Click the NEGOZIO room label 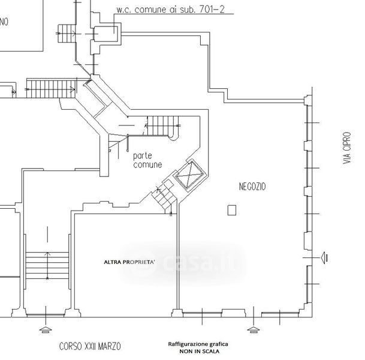(252, 187)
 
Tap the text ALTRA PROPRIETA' (129, 262)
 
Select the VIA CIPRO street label (346, 148)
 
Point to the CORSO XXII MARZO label (90, 346)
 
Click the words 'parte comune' (147, 160)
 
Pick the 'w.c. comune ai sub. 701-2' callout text (170, 10)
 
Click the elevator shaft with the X (191, 174)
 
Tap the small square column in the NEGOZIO (231, 210)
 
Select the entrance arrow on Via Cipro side (324, 258)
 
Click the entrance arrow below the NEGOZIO (254, 329)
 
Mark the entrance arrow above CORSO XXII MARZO (46, 329)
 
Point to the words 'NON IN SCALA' (199, 351)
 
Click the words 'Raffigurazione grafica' (198, 344)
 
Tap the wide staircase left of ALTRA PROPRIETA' (47, 265)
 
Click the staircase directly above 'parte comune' (162, 126)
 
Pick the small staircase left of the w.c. (67, 34)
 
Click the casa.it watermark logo (183, 263)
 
